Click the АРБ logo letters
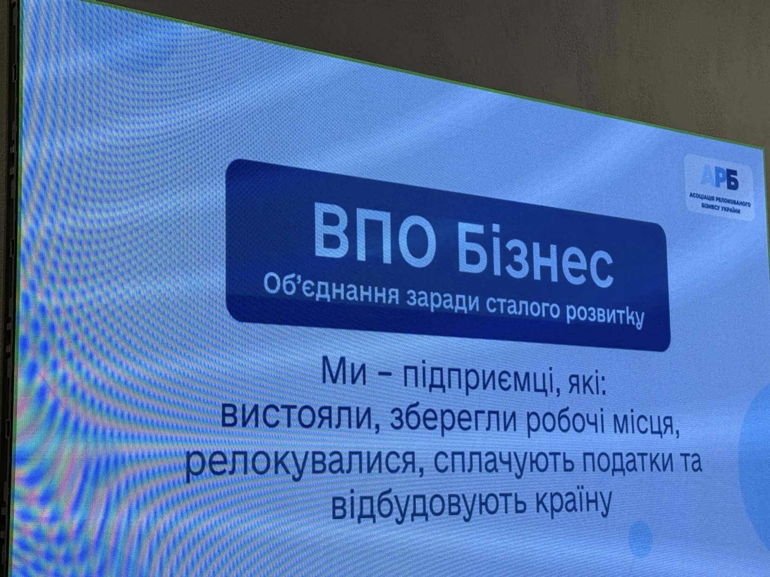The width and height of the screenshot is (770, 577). coord(719,177)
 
